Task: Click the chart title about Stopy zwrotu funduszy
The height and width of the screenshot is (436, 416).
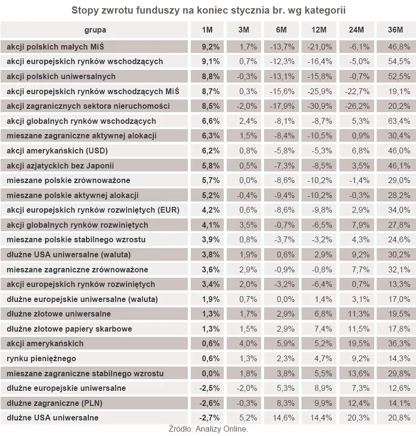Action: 208,10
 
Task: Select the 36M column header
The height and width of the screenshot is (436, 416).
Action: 396,30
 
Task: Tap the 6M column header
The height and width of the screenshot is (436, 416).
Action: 281,30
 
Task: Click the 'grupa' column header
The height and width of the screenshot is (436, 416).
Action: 95,30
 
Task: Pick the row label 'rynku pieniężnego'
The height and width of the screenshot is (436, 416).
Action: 41,358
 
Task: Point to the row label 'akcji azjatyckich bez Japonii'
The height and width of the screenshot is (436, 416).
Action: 60,165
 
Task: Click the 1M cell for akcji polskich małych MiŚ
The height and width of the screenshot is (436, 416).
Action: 211,47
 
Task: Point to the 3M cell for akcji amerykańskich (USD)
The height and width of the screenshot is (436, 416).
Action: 248,151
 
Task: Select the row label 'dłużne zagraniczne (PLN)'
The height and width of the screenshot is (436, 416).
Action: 54,403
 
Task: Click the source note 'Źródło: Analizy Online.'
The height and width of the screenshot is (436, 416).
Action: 208,429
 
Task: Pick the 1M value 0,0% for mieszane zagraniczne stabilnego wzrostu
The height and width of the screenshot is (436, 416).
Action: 211,373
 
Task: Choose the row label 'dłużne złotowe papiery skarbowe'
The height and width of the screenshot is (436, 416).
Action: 69,329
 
